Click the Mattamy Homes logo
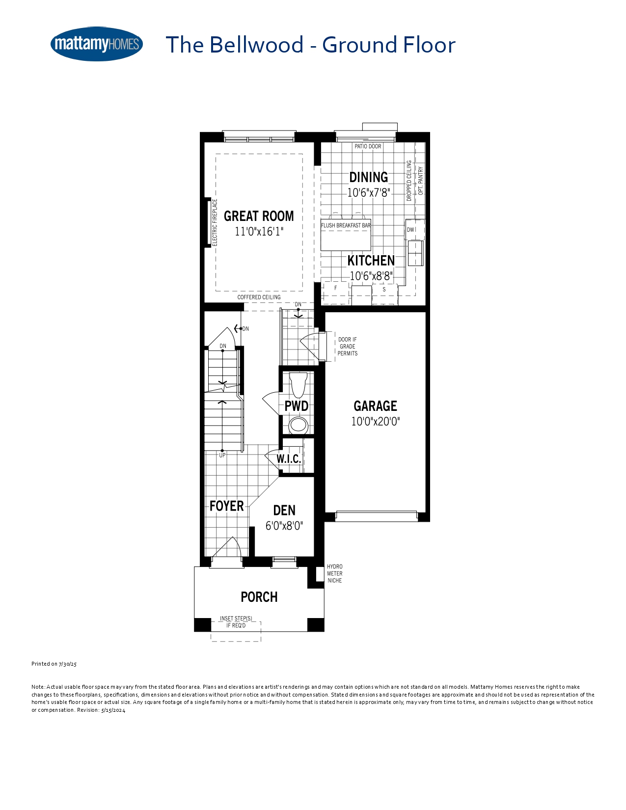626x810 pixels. coord(97,44)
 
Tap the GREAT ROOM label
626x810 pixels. coord(259,216)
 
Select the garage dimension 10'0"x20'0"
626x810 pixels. coord(376,422)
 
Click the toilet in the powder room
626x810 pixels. coord(298,385)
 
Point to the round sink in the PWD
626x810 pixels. coord(299,425)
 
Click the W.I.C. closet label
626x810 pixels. coord(289,459)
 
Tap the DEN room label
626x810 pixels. coord(284,511)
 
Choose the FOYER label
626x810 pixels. coord(226,506)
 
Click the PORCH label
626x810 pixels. coord(259,597)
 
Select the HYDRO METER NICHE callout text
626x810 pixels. coord(334,574)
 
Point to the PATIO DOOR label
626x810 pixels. coord(368,146)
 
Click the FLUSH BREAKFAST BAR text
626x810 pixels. coord(346,225)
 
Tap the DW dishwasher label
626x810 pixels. coord(410,230)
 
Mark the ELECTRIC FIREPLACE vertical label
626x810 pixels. coord(215,222)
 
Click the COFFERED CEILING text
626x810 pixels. coord(259,297)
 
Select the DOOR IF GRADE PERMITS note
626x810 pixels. coord(348,346)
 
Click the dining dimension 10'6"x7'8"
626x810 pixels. coord(368,193)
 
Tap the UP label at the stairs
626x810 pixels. coord(222,455)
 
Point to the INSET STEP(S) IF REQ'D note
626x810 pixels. coord(236,622)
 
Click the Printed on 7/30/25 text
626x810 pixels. coord(54,664)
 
